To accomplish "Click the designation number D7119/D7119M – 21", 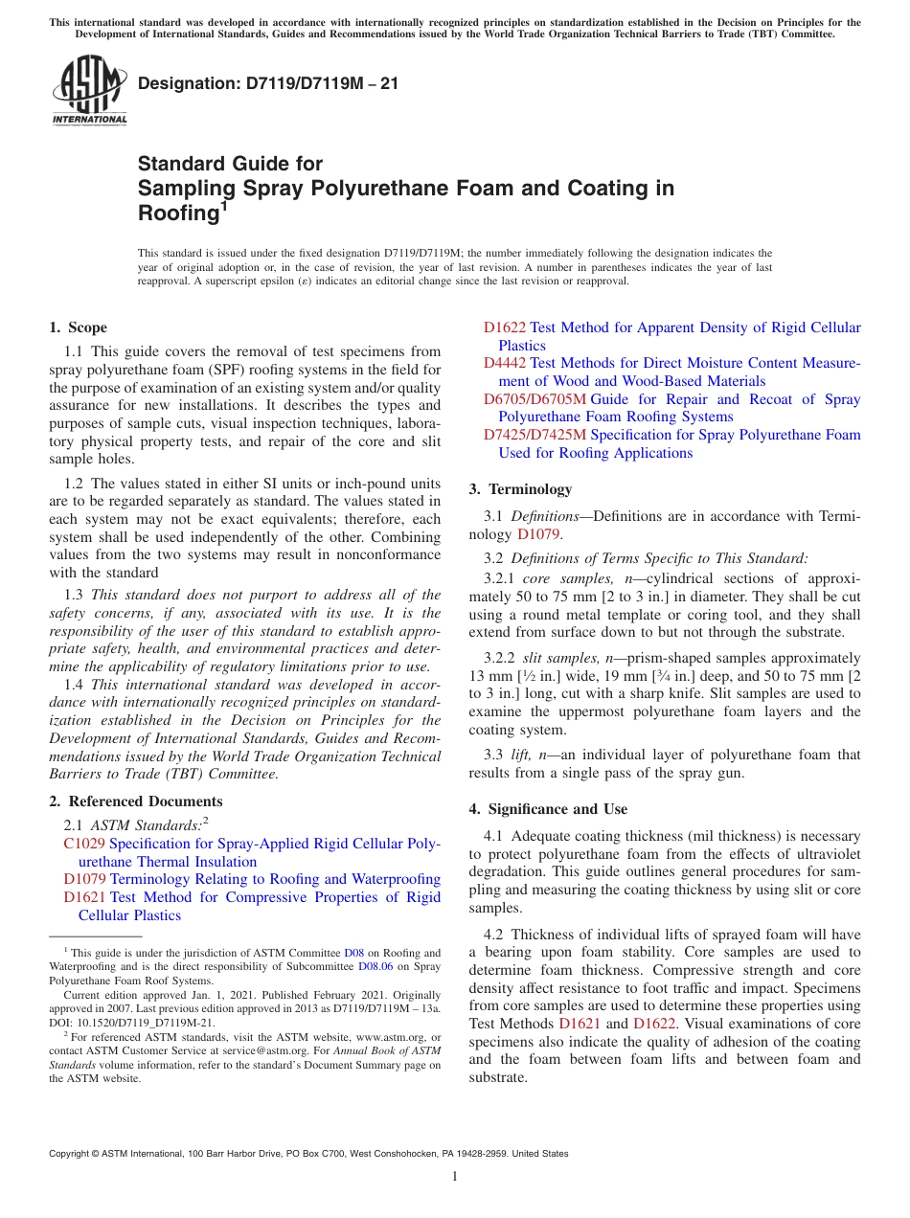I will pyautogui.click(x=268, y=83).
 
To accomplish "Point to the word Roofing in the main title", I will pyautogui.click(x=178, y=214).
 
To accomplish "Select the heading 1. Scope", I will pyautogui.click(x=79, y=327).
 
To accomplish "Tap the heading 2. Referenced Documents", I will pyautogui.click(x=135, y=801).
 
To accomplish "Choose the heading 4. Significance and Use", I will pyautogui.click(x=548, y=809).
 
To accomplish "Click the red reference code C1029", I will pyautogui.click(x=84, y=844).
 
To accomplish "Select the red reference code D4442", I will pyautogui.click(x=505, y=363).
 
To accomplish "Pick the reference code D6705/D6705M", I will pyautogui.click(x=535, y=399).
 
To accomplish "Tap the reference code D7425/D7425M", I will pyautogui.click(x=535, y=435).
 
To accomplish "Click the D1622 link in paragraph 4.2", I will pyautogui.click(x=654, y=1024).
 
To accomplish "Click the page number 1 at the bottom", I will pyautogui.click(x=455, y=1176).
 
